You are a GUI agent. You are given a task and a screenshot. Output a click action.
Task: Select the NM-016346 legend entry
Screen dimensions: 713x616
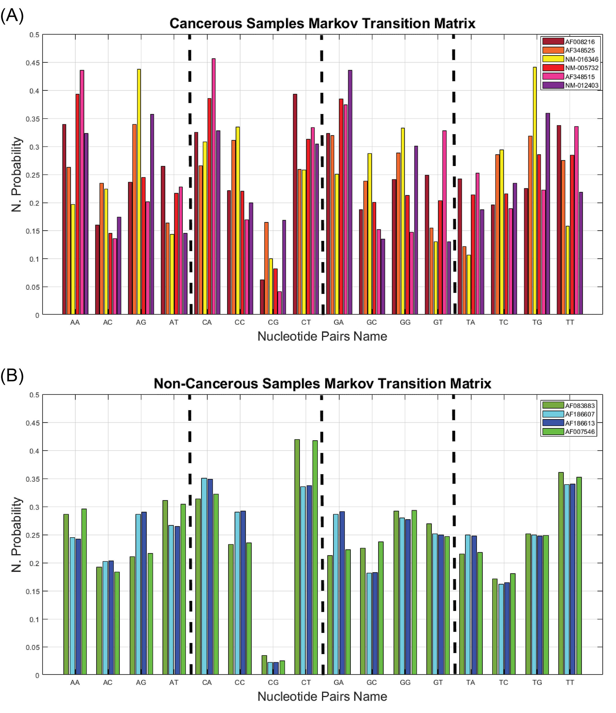pos(582,59)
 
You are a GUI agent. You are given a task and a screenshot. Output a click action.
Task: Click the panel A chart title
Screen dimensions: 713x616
pos(322,23)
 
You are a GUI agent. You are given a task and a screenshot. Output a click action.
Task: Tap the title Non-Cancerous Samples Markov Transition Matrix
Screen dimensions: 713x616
pos(322,383)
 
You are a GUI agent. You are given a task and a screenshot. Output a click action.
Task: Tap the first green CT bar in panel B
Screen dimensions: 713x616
pos(297,557)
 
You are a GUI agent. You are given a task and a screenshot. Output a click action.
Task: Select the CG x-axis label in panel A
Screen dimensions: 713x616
pos(273,322)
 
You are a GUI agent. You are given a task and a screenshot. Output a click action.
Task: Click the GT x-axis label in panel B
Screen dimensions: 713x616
pos(438,682)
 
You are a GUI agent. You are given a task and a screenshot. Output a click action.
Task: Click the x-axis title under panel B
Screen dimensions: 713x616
pos(322,697)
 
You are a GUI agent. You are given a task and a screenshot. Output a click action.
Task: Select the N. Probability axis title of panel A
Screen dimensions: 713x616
pos(16,174)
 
